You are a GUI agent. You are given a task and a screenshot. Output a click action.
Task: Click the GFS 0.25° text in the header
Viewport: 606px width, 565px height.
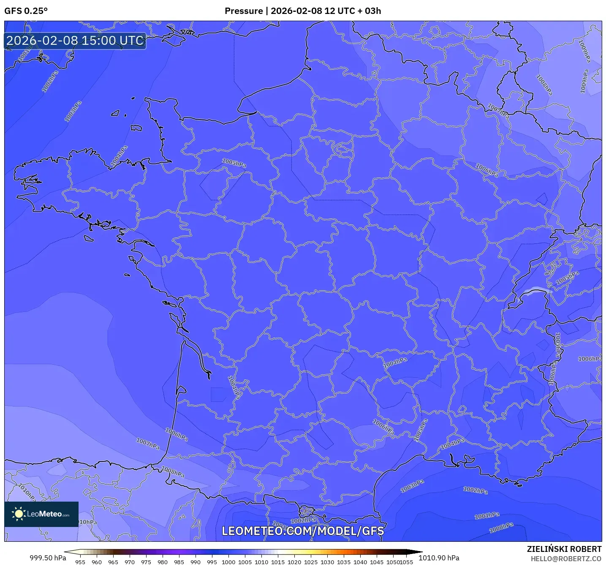click(26, 11)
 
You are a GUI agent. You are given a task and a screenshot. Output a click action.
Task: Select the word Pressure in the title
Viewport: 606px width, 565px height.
click(243, 11)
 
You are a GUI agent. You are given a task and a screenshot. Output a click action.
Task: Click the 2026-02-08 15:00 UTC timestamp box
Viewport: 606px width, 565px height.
click(75, 41)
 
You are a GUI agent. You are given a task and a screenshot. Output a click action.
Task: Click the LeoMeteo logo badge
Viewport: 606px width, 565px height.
click(41, 514)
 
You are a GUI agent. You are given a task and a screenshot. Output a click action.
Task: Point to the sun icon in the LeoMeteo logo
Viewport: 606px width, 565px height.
click(19, 514)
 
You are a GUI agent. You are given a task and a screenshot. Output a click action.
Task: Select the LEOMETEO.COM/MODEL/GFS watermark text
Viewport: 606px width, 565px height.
click(303, 531)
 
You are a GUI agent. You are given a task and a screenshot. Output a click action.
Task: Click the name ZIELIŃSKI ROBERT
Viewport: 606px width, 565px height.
click(564, 549)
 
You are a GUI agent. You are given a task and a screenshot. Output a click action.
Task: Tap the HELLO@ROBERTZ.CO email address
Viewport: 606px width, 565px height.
click(566, 559)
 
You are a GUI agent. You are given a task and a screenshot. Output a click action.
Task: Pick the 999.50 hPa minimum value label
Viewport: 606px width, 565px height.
click(48, 558)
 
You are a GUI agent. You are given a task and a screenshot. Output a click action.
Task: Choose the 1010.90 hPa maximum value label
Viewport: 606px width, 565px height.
click(439, 558)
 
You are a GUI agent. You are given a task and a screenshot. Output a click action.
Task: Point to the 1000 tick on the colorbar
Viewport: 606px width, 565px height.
click(228, 562)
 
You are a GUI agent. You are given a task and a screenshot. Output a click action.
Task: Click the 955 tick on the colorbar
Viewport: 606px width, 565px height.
click(80, 562)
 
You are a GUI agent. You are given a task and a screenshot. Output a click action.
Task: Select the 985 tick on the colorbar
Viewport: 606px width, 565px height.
click(179, 562)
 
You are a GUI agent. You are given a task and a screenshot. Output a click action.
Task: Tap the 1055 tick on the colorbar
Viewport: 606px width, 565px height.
click(406, 562)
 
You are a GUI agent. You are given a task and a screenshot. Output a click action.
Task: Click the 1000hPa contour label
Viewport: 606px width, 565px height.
click(501, 528)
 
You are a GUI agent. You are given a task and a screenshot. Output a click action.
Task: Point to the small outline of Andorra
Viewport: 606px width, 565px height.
click(306, 512)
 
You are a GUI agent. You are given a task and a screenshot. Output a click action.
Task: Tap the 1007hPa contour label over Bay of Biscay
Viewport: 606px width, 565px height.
click(148, 443)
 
